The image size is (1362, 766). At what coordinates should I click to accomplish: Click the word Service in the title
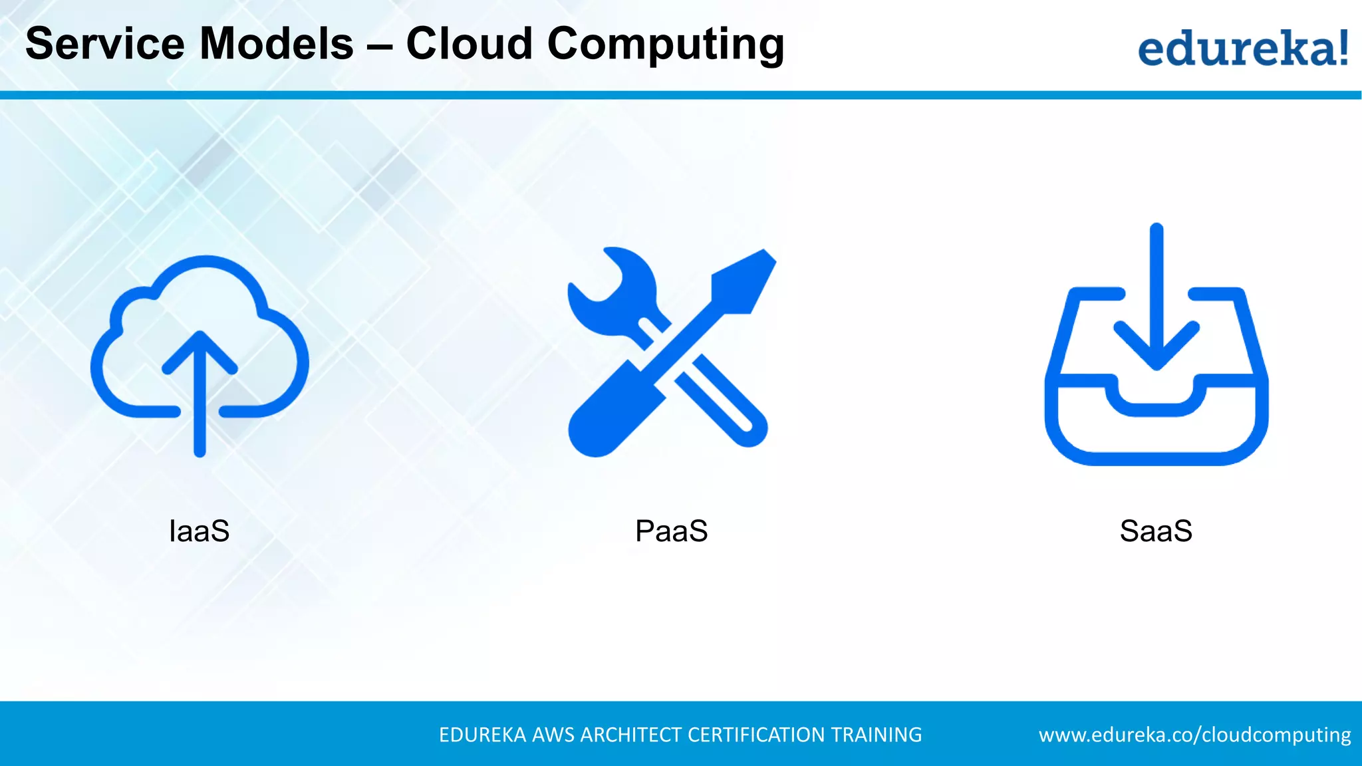coord(104,44)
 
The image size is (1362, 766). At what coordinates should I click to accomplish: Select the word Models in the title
coord(277,44)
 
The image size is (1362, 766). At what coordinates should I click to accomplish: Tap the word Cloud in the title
coord(470,44)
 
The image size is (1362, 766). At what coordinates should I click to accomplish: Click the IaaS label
coord(200,531)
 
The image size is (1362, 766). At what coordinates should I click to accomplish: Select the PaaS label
coord(671,531)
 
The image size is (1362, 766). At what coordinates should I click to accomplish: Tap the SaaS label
coord(1156,531)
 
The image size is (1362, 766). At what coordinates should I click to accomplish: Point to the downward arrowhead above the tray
coord(1157,346)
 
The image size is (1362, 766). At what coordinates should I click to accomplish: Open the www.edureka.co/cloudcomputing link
coord(1194,735)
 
